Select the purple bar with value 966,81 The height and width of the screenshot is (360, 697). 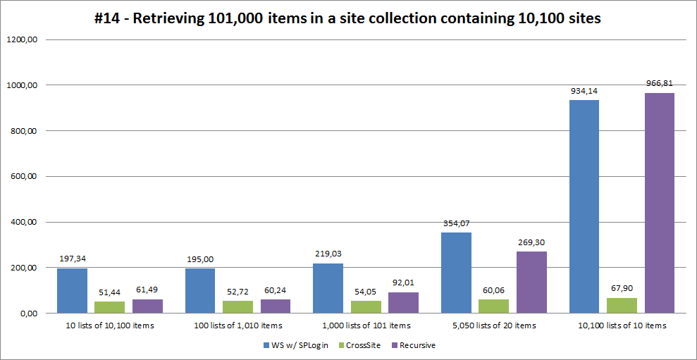point(660,203)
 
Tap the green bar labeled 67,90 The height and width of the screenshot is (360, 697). point(622,306)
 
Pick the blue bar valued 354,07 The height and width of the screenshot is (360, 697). point(456,273)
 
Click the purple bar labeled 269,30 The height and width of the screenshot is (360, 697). point(531,283)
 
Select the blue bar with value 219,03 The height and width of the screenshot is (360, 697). point(328,288)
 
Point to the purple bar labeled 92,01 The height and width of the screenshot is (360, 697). point(403,303)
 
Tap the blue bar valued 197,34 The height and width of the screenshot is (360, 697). point(72,291)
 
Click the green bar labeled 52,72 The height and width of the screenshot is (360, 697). point(238,307)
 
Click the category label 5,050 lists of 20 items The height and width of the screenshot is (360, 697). point(493,325)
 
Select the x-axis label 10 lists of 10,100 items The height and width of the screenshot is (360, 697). point(109,325)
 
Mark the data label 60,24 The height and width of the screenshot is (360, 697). point(276,290)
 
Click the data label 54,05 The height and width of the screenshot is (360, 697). point(366,291)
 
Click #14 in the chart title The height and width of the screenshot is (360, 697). point(109,19)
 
